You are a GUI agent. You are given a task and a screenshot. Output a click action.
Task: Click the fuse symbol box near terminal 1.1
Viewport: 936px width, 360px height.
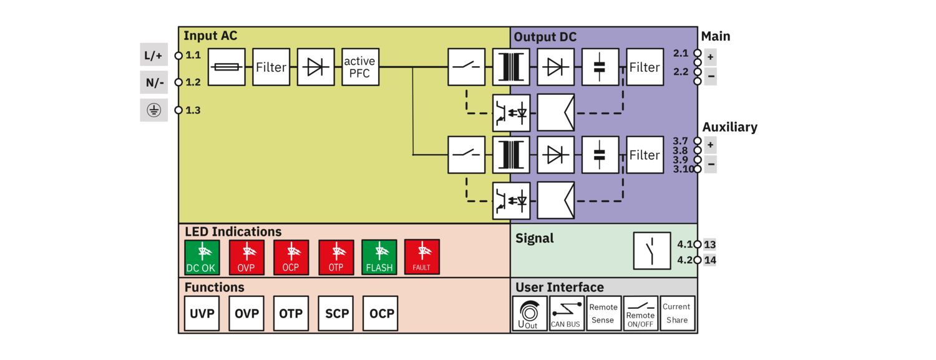(x=226, y=67)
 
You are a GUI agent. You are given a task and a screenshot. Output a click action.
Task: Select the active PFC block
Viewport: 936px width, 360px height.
(x=360, y=67)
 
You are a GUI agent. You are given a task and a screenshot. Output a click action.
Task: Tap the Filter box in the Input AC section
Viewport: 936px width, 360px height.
(x=271, y=67)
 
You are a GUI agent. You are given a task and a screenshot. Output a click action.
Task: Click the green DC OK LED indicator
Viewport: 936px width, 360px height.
(x=202, y=257)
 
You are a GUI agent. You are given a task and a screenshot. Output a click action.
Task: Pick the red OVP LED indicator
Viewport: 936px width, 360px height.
(x=246, y=257)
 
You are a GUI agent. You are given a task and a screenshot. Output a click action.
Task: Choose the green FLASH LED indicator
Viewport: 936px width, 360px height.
(x=379, y=257)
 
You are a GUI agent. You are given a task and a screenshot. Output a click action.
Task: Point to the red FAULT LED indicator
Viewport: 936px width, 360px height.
(x=422, y=257)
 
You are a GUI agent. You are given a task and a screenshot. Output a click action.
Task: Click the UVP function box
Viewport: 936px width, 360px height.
(x=202, y=313)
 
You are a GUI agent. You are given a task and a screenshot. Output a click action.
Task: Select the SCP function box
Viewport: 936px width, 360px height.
(x=337, y=313)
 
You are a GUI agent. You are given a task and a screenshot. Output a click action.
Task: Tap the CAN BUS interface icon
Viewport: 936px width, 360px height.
(x=566, y=313)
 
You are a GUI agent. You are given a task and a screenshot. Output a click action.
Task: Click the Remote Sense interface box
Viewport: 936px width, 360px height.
(x=603, y=313)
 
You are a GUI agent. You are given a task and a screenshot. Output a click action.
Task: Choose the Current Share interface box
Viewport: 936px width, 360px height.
(x=677, y=313)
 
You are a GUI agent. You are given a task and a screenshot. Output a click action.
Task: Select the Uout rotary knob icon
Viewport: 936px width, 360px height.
(x=529, y=313)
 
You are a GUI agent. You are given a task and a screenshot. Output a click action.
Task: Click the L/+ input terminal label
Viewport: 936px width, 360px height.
(x=154, y=56)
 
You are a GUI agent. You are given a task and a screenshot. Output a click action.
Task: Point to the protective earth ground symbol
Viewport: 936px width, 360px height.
(x=154, y=110)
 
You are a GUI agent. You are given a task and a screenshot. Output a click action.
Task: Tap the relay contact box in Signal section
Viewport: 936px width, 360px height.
(x=652, y=251)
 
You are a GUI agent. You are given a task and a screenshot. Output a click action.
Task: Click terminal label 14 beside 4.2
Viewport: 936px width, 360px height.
(x=710, y=260)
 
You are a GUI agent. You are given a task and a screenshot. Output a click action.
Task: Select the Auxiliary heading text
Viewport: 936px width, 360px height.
(x=729, y=127)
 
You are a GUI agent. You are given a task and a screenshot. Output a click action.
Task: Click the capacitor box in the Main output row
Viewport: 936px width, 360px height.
(x=600, y=67)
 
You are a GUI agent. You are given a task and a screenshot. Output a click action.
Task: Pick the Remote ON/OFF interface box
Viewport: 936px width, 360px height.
(x=641, y=313)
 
